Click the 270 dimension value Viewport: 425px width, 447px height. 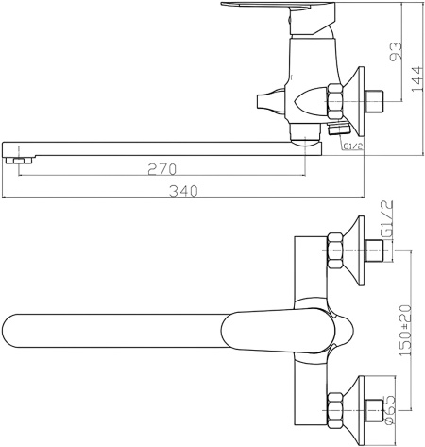162,169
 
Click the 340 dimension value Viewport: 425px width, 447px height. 183,191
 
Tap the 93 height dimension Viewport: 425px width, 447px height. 396,51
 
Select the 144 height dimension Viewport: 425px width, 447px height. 417,79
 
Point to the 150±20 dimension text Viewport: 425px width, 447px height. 406,331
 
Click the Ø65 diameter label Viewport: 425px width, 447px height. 389,409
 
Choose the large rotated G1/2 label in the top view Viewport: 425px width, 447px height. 386,219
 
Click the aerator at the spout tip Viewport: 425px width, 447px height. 19,161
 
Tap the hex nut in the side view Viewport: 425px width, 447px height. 334,101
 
